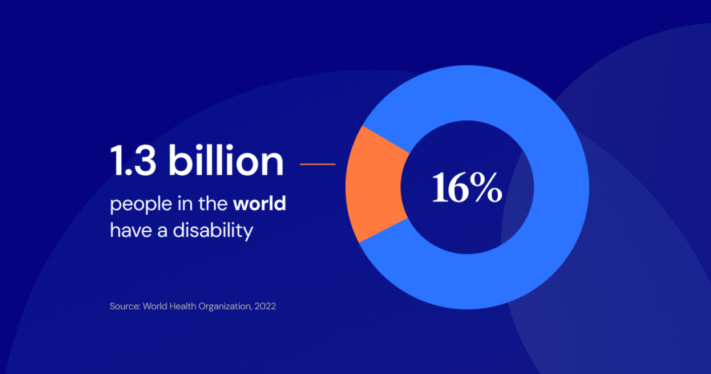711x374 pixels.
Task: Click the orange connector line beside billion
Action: click(x=317, y=165)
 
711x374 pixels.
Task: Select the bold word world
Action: click(x=260, y=205)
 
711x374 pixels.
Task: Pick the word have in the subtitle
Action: click(x=127, y=230)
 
